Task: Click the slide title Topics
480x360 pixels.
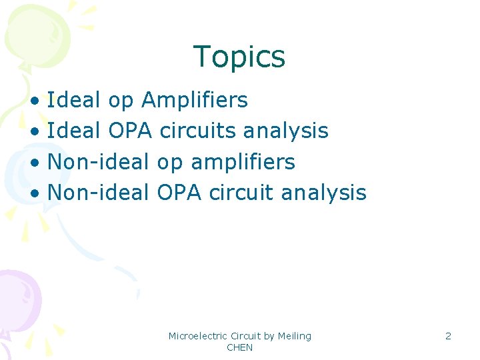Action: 239,57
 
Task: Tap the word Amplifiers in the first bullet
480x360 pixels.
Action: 195,101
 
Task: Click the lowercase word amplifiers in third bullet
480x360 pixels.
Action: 243,162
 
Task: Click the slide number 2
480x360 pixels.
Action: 448,336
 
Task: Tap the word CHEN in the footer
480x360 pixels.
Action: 239,348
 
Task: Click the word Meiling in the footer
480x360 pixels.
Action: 295,336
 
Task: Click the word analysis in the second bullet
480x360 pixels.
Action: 286,131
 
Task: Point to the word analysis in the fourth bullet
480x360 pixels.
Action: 324,193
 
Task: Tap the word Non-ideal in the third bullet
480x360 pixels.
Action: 98,162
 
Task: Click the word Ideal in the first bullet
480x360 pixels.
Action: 74,101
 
